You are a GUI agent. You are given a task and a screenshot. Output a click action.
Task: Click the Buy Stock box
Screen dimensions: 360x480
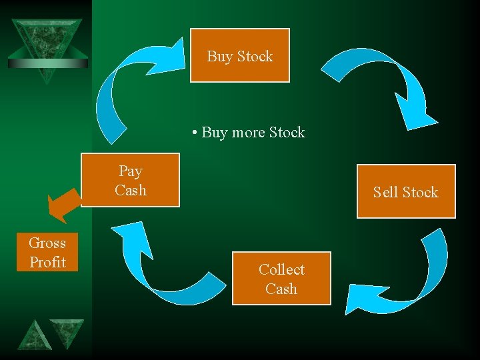[240, 55]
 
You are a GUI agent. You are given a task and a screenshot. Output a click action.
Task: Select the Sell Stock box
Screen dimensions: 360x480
[406, 191]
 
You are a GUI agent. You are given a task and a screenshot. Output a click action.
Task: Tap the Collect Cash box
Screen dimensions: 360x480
[281, 278]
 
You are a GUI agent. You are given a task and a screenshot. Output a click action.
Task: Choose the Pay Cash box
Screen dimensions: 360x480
[130, 180]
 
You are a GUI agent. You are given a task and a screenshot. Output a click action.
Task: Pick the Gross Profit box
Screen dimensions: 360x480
[47, 252]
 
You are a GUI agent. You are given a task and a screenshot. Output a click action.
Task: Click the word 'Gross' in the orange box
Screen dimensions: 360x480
[47, 243]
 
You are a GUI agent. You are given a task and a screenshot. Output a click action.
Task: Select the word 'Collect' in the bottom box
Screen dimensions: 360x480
[281, 269]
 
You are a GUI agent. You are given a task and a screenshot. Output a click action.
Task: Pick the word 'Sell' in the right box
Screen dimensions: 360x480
[385, 192]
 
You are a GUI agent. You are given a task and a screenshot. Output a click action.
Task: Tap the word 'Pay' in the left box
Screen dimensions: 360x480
[130, 171]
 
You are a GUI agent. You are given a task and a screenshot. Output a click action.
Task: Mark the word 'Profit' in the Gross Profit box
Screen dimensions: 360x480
[47, 262]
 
